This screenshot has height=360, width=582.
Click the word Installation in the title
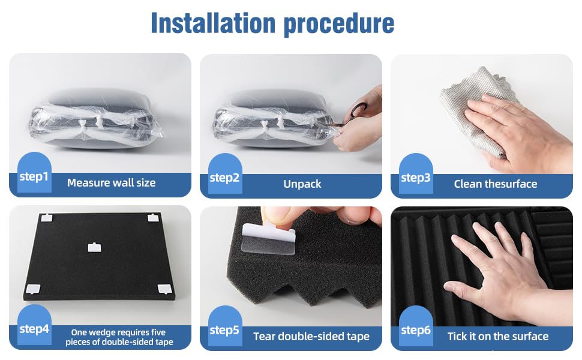pyautogui.click(x=213, y=23)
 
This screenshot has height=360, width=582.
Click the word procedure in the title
pyautogui.click(x=338, y=25)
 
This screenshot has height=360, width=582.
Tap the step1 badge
pyautogui.click(x=34, y=173)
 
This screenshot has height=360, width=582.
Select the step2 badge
pyautogui.click(x=225, y=173)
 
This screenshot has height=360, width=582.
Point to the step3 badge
pyautogui.click(x=416, y=173)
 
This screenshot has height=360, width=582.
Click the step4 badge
pyautogui.click(x=34, y=325)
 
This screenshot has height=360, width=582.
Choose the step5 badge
pyautogui.click(x=225, y=326)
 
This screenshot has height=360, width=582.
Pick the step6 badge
pyautogui.click(x=416, y=326)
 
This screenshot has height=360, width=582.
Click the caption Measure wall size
pyautogui.click(x=112, y=182)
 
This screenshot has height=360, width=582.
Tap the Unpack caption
pyautogui.click(x=302, y=184)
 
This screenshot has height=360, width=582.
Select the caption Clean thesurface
pyautogui.click(x=496, y=184)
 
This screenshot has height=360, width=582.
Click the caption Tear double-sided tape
pyautogui.click(x=311, y=336)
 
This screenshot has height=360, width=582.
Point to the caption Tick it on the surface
pyautogui.click(x=498, y=336)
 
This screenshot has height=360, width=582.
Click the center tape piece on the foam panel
pyautogui.click(x=94, y=247)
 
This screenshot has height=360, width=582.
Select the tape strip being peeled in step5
pyautogui.click(x=269, y=239)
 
